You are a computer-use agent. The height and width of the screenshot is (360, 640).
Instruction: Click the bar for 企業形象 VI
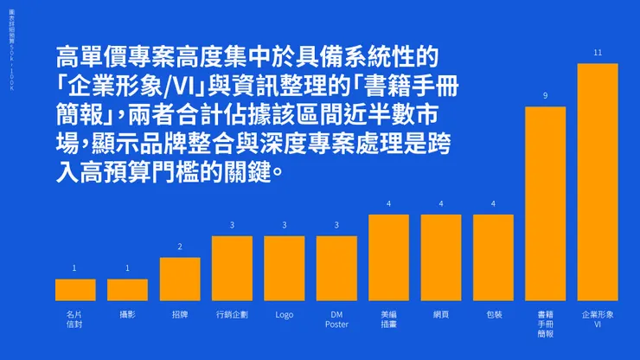click(598, 182)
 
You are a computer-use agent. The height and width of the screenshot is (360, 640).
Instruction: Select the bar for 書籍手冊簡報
click(545, 203)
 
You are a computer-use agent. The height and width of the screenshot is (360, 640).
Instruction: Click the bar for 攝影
click(127, 289)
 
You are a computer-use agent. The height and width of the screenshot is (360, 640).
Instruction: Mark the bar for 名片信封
click(75, 289)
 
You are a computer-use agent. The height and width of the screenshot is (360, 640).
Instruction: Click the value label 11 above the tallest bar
click(598, 54)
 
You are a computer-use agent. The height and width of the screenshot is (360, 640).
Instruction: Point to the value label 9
click(545, 96)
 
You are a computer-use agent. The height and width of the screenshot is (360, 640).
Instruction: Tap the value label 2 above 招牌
click(180, 247)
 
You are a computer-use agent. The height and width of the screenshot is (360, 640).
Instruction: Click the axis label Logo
click(285, 315)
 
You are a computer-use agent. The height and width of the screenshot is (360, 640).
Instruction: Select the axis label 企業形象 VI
click(598, 319)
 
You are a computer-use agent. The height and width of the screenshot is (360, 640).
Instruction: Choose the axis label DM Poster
click(336, 319)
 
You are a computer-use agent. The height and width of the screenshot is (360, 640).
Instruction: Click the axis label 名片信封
click(75, 319)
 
